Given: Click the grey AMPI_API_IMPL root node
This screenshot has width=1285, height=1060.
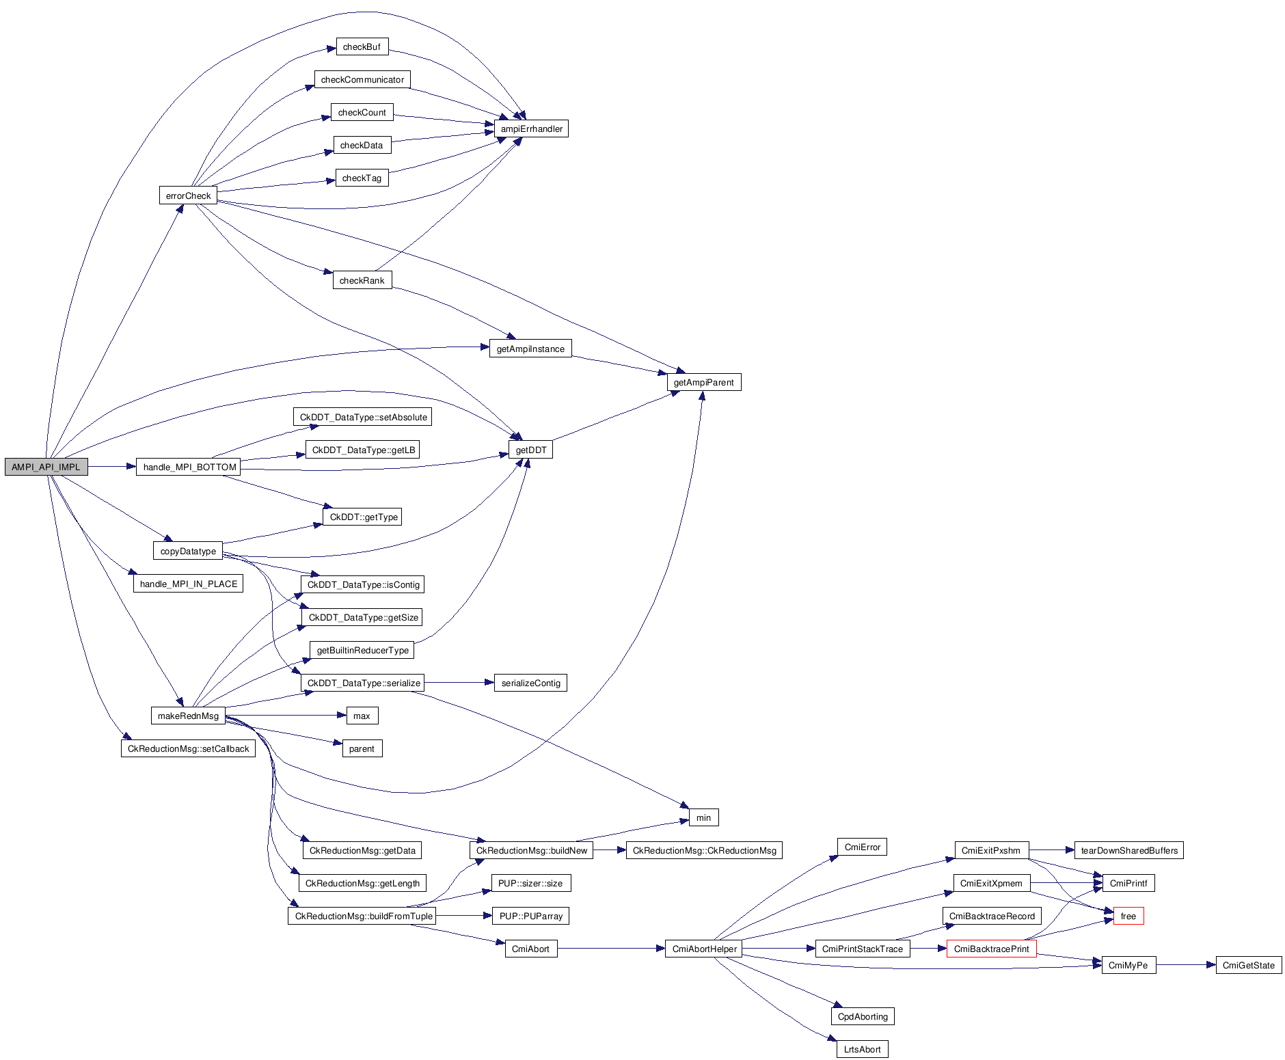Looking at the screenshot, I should (x=46, y=467).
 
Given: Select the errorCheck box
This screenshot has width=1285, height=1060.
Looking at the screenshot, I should (x=188, y=195).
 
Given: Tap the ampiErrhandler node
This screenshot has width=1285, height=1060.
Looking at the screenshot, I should (x=531, y=128).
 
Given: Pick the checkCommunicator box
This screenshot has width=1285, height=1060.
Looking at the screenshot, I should (x=362, y=79).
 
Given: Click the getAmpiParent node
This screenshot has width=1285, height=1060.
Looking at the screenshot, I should (x=703, y=382).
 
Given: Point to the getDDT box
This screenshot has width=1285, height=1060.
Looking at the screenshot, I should (x=530, y=450).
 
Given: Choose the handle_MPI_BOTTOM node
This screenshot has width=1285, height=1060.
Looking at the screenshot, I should (x=189, y=467).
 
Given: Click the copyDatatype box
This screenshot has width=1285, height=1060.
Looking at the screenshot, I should (x=188, y=551).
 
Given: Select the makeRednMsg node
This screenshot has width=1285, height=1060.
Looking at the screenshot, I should (x=188, y=716).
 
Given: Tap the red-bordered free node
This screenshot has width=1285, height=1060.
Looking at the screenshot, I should (x=1128, y=916).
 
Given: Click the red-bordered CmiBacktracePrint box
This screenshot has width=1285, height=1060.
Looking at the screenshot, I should (x=991, y=949).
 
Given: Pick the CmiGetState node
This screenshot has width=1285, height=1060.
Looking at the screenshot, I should (x=1248, y=965).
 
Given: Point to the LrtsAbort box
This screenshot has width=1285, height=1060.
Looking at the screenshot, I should (x=862, y=1049).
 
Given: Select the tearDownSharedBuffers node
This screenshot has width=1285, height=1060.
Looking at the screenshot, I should (x=1128, y=850).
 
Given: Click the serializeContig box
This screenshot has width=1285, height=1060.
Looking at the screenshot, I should (x=530, y=683).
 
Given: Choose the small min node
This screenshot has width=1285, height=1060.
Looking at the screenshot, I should (x=703, y=817).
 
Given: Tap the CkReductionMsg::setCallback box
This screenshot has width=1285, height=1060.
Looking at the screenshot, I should (x=188, y=748).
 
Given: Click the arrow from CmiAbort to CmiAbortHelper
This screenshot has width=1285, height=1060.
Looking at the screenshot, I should (x=611, y=949).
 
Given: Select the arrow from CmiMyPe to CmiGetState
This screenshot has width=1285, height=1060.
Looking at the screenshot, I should (x=1186, y=965).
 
